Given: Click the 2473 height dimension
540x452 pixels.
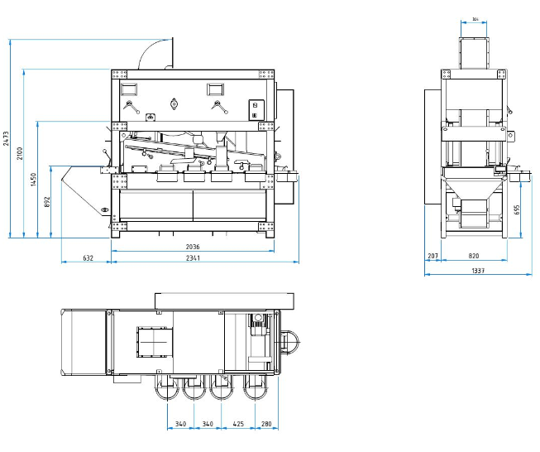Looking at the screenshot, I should (7, 138).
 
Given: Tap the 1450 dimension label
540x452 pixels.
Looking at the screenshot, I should (34, 179).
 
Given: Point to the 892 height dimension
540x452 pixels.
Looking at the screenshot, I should (47, 200).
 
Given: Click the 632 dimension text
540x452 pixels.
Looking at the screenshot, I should (88, 258).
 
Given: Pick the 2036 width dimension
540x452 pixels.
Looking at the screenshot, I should (194, 247).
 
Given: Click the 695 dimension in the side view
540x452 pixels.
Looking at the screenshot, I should (517, 209).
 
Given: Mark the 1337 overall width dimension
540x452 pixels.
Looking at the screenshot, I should (478, 271).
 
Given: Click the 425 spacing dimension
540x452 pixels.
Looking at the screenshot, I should (239, 426).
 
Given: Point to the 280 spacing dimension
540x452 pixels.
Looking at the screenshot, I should (266, 426).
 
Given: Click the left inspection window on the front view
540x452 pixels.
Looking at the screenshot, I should (131, 87).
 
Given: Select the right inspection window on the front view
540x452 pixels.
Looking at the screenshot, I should (216, 87).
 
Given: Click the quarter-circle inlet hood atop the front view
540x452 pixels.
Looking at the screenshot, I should (155, 53).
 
